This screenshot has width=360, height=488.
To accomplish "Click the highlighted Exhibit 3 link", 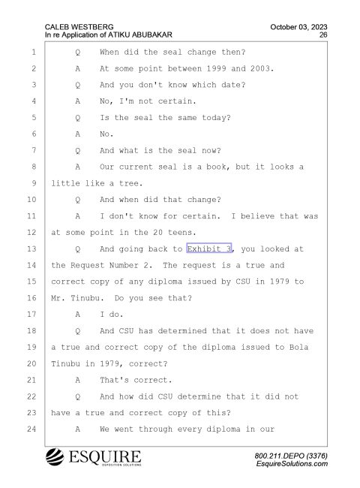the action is (209, 249).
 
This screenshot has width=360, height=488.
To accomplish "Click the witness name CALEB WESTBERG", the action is (79, 27).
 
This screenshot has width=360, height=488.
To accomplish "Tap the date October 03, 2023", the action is (298, 27).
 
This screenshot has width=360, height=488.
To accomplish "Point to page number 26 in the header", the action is (323, 35).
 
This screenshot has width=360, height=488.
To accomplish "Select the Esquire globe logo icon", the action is (55, 457).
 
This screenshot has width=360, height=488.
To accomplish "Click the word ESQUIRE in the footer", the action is (105, 456).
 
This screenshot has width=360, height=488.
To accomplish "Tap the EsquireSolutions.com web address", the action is (292, 464).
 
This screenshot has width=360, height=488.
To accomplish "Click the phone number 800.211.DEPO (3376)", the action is (291, 456).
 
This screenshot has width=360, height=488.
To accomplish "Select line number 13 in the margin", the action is (31, 249).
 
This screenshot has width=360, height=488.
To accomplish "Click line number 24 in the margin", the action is (31, 429).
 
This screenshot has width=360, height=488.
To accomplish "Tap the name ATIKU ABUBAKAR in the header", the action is (140, 35).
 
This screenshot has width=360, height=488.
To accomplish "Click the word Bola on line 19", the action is (298, 348).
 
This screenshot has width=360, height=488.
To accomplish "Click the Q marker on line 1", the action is (78, 53).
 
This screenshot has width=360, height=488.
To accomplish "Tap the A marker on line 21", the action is (78, 380).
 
